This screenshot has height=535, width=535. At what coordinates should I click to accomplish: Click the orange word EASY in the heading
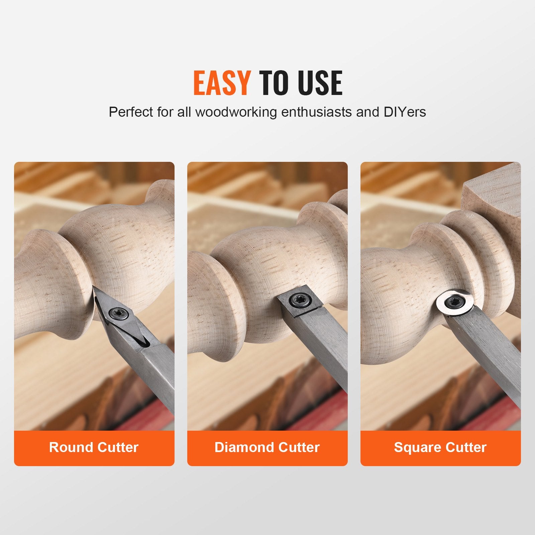tap(222, 83)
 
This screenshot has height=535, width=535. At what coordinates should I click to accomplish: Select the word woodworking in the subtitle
tap(236, 112)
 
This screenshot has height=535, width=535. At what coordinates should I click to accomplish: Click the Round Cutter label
tap(94, 447)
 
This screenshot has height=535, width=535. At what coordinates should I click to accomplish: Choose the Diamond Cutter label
tap(267, 447)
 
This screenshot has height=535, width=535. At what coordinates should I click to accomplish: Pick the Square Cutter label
tap(440, 447)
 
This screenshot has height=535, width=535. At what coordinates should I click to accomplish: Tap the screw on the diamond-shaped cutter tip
tap(121, 313)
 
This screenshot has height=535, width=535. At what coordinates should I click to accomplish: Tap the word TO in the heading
tap(273, 83)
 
